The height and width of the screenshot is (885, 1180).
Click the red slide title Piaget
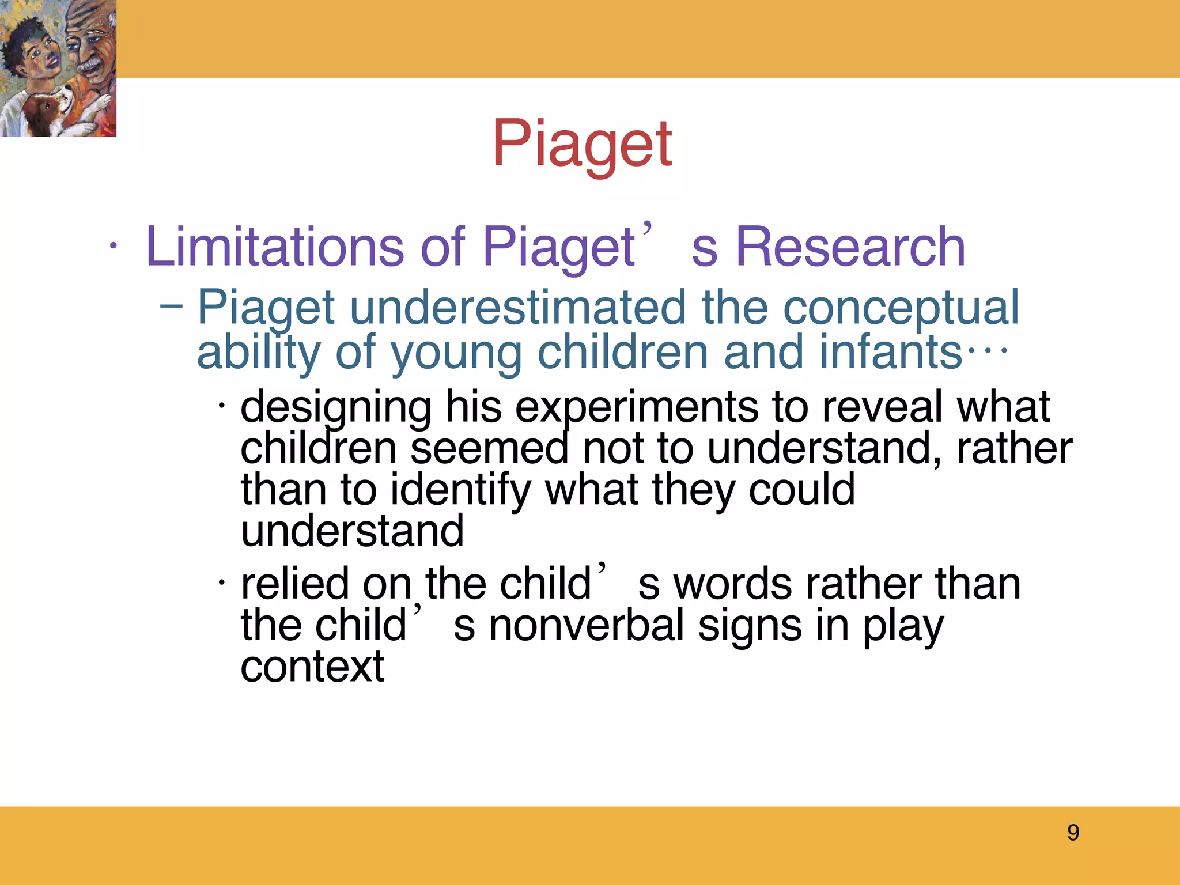582,144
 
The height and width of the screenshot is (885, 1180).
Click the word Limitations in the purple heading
275,247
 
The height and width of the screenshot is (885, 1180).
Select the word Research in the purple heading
850,247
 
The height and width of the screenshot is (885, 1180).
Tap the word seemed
489,448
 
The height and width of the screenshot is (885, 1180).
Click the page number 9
1073,833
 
